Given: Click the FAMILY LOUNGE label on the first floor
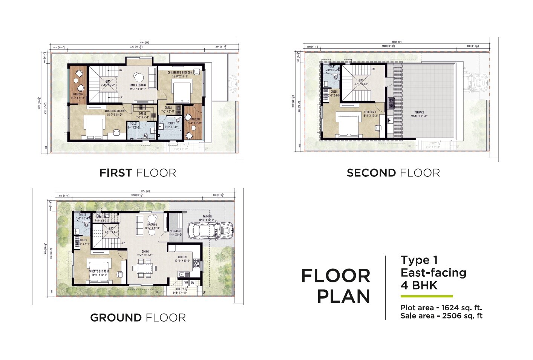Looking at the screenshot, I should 138,86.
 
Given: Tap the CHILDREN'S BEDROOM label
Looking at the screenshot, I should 180,72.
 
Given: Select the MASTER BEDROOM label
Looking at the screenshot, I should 114,111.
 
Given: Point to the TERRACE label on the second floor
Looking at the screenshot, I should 419,113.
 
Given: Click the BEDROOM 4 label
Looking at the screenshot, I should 369,112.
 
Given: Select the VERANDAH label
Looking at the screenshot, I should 176,231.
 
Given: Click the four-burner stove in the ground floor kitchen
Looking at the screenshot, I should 196,263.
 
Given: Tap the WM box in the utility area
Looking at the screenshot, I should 186,282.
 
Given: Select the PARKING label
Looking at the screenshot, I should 207,217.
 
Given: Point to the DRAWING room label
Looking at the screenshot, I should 152,225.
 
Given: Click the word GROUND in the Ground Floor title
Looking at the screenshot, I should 116,318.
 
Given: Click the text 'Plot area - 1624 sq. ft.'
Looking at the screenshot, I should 441,308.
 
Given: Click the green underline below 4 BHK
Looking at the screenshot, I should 427,296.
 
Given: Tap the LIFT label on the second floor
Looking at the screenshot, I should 361,81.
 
